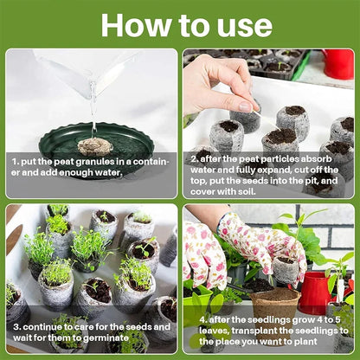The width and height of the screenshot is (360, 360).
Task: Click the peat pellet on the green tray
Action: coord(94,145)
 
